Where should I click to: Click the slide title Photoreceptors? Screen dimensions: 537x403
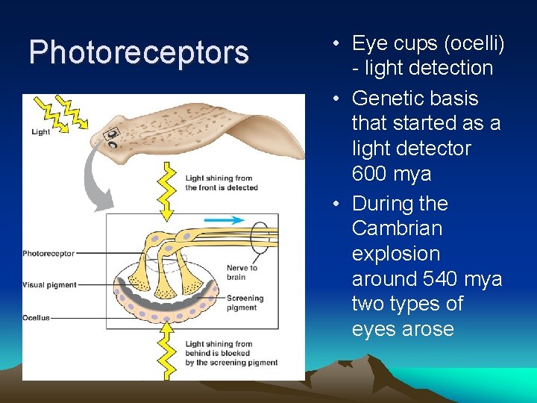[139, 52]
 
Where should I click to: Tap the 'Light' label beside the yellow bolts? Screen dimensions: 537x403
[41, 132]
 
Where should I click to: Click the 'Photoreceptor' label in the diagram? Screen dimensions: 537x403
[48, 254]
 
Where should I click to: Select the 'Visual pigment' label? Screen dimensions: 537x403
[49, 285]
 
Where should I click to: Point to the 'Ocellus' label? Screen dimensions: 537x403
[37, 318]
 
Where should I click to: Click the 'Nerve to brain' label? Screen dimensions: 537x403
[242, 272]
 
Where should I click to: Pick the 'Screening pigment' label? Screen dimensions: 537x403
[245, 302]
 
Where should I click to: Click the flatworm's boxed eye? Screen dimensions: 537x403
[112, 135]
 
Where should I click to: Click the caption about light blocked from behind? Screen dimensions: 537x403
[231, 354]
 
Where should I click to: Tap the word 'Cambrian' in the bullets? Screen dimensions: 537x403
[397, 228]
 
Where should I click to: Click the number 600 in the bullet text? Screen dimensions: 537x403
[373, 174]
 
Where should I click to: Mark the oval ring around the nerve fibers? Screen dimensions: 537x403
[260, 240]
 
